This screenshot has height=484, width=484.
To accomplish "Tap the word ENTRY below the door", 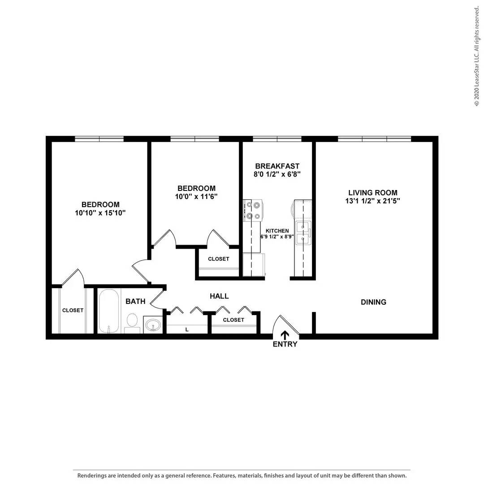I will [x=285, y=344].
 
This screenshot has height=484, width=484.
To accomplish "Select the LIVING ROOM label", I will [x=373, y=193].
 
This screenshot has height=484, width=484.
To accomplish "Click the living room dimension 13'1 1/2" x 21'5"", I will [x=373, y=201].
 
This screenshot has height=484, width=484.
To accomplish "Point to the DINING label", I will [x=373, y=302].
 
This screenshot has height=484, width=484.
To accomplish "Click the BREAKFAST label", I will [x=277, y=166].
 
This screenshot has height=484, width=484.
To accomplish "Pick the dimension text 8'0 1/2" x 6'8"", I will [x=277, y=174].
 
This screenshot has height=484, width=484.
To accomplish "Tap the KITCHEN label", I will [x=277, y=231].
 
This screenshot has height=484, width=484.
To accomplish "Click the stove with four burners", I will [x=252, y=211].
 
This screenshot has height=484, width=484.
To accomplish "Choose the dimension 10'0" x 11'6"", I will [x=196, y=196].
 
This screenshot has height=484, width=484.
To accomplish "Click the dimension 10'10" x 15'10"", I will [x=100, y=213].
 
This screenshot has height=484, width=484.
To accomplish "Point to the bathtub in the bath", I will [x=109, y=311].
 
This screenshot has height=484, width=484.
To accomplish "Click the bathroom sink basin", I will [x=154, y=324].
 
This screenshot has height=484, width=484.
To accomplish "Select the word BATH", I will [x=135, y=301].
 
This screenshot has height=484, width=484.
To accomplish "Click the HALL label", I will [x=219, y=296].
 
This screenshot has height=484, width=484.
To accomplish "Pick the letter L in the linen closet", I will [x=187, y=330].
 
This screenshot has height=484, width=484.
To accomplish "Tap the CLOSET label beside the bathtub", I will [x=73, y=310].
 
